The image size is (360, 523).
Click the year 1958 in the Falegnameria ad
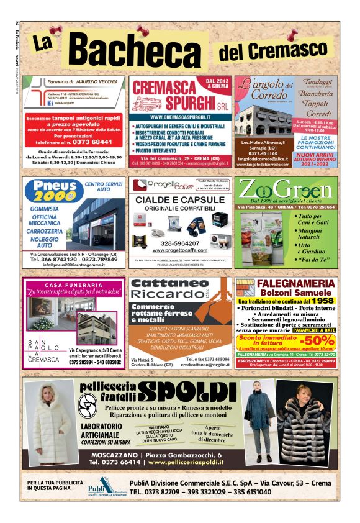point(322,301)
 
